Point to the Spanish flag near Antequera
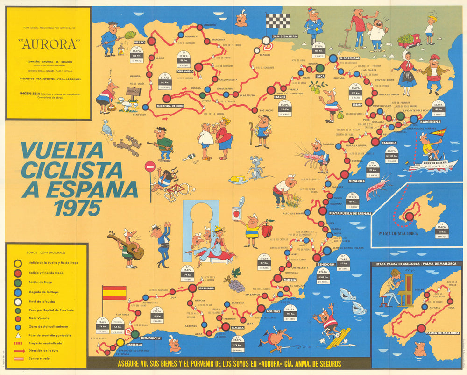click(x=114, y=293)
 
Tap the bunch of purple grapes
click(x=235, y=283)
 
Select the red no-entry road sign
click(x=150, y=166)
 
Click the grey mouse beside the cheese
click(x=255, y=167)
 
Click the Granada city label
click(x=206, y=288)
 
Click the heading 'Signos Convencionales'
click(x=46, y=250)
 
